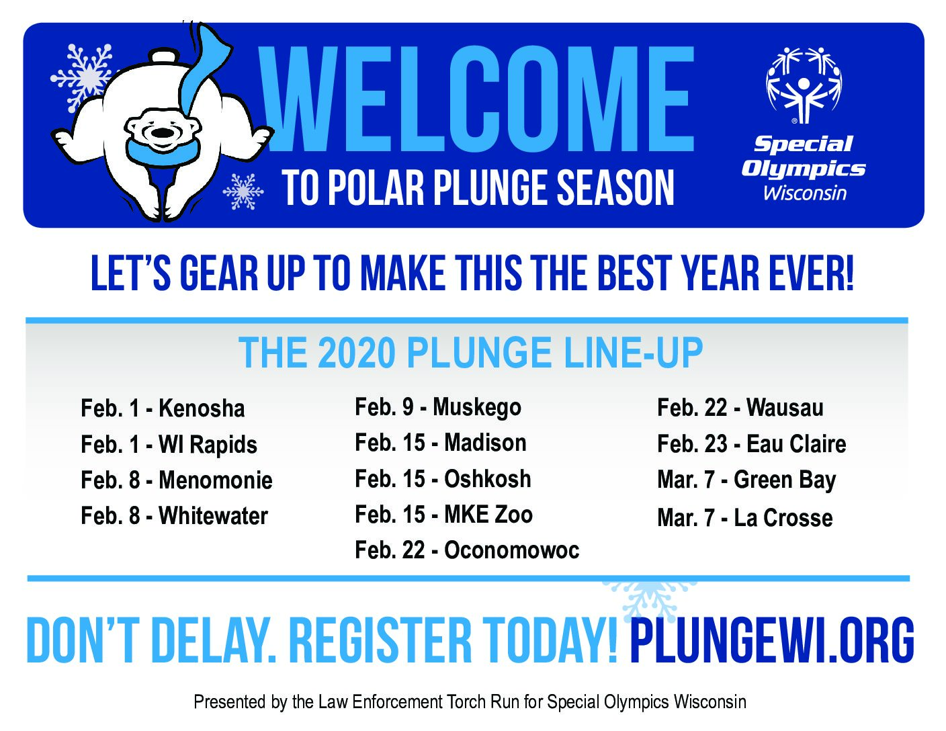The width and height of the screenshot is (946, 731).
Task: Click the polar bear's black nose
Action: click(161, 132)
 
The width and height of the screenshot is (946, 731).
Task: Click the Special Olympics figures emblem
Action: click(804, 85)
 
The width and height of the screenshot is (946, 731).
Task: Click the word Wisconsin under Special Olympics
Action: click(804, 193)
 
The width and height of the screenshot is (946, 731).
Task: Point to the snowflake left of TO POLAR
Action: click(243, 191)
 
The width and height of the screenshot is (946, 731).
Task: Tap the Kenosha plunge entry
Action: click(163, 408)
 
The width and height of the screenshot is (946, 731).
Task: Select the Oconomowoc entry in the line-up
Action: click(467, 550)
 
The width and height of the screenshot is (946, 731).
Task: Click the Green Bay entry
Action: click(746, 480)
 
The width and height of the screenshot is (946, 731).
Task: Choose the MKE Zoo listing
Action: click(443, 514)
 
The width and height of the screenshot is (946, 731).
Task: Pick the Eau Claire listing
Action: click(752, 443)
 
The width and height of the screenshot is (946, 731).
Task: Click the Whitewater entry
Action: click(175, 515)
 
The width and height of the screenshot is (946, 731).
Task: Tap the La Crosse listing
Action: click(745, 517)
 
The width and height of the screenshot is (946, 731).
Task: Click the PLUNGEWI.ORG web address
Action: click(771, 640)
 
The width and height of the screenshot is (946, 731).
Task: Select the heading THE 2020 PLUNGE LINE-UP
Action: click(470, 353)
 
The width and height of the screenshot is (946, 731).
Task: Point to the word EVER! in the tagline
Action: click(811, 273)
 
